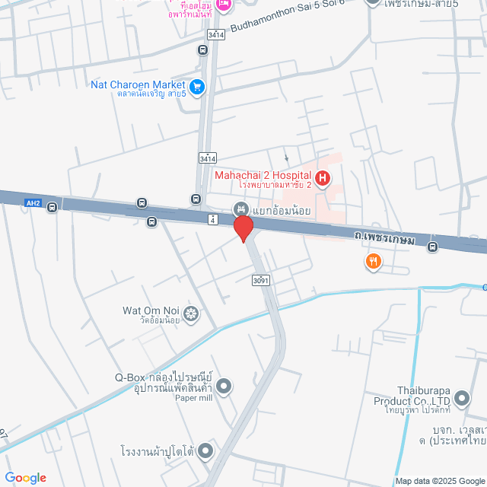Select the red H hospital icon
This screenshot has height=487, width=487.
pyautogui.click(x=323, y=180)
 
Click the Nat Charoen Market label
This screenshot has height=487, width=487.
pyautogui.click(x=138, y=84)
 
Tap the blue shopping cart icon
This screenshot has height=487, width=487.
pyautogui.click(x=198, y=87)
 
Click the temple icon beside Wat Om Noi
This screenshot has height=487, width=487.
pyautogui.click(x=192, y=314)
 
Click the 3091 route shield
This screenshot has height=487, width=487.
pyautogui.click(x=261, y=281)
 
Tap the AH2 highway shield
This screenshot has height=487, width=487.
pyautogui.click(x=32, y=203)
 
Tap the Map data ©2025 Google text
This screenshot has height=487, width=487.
pyautogui.click(x=440, y=481)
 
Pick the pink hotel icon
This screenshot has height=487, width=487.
pyautogui.click(x=224, y=6)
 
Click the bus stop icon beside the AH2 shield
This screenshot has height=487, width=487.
pyautogui.click(x=52, y=206)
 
